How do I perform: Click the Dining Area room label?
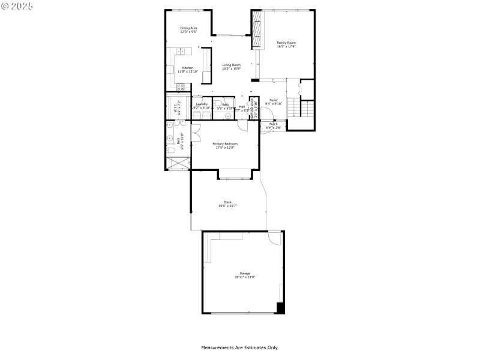[x=188, y=28]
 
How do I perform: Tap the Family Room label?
[x=286, y=43]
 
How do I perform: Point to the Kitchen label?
[x=188, y=68]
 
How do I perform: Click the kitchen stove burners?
[x=180, y=88]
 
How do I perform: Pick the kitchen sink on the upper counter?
[x=180, y=52]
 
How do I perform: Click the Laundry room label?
[x=202, y=104]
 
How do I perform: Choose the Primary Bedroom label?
[x=225, y=144]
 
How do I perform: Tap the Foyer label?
[x=274, y=100]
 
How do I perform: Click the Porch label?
[x=273, y=124]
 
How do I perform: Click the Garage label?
[x=244, y=273]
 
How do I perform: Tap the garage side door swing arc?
[x=274, y=238]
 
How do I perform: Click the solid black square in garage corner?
[x=280, y=308]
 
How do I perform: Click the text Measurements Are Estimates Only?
[x=239, y=347]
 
